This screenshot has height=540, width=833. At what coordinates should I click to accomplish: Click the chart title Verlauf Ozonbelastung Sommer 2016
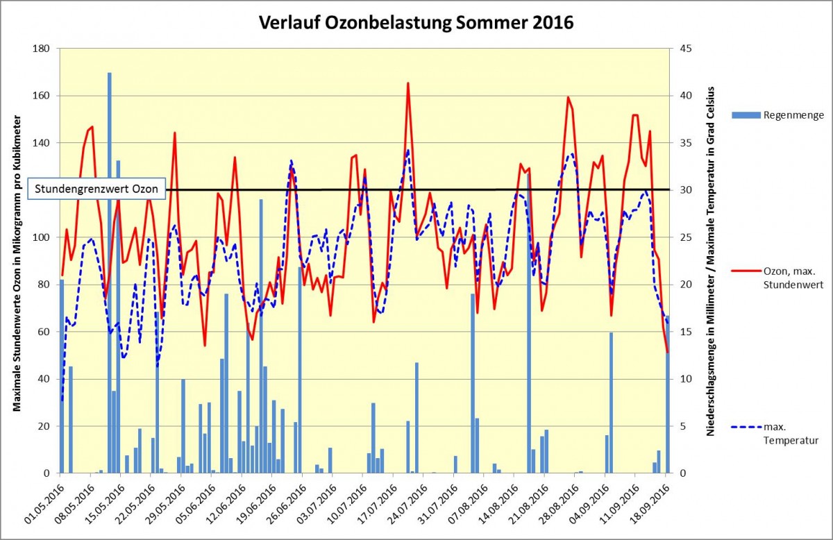(416, 22)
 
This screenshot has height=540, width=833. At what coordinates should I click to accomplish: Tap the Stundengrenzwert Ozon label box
(96, 188)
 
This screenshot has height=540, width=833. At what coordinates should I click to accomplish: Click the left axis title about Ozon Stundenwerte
(17, 261)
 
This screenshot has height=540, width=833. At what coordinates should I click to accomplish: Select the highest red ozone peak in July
(407, 83)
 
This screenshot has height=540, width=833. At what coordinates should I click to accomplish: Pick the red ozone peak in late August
(568, 98)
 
